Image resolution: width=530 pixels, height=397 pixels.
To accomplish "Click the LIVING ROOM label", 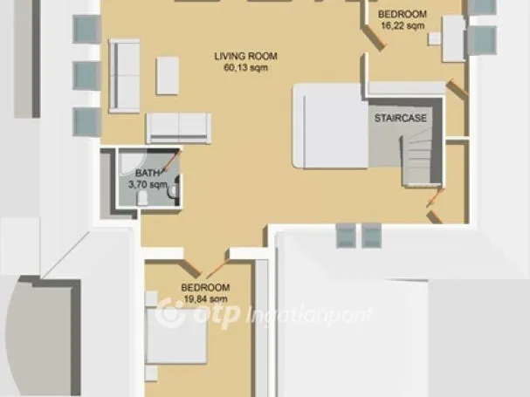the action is click(245, 56).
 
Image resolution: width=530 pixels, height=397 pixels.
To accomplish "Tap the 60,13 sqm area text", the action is click(245, 67).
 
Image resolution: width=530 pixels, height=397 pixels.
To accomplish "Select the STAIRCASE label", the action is click(400, 118).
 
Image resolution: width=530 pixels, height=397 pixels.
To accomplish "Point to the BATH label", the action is click(148, 173).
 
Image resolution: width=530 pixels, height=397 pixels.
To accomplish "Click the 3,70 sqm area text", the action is click(148, 184).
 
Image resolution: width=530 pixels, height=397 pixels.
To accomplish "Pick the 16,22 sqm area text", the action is click(403, 25).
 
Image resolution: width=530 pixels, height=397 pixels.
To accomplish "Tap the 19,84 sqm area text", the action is click(205, 299).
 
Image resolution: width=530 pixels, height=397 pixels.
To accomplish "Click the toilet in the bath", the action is click(142, 198).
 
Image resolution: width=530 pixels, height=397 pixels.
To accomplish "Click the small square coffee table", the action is click(168, 76).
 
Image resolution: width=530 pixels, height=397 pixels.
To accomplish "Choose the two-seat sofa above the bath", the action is click(178, 128).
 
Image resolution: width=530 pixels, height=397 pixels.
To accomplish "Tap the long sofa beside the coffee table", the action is click(124, 76).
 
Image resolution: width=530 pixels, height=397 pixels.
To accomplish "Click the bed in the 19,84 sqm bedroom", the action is click(176, 336).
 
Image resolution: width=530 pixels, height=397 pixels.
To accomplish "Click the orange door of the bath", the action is click(171, 161).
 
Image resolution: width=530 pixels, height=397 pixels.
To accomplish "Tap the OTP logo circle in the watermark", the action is click(171, 312).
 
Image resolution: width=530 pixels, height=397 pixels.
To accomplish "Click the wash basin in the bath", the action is click(173, 191).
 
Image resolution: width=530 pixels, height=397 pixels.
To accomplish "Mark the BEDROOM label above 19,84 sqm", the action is click(205, 288).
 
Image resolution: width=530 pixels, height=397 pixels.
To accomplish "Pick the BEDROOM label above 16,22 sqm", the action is click(403, 14).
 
